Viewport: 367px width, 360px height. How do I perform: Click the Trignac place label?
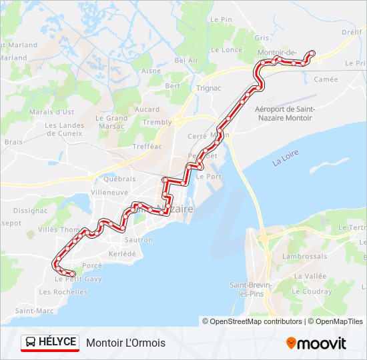209,87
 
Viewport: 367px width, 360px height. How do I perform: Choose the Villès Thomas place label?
59,229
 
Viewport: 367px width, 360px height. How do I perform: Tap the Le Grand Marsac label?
112,122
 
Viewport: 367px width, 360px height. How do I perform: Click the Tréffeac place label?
147,147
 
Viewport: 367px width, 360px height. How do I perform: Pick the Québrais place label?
119,179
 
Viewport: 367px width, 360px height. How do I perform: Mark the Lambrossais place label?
304,256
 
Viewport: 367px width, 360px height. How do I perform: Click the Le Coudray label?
312,291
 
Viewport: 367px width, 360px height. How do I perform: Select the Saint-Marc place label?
34,311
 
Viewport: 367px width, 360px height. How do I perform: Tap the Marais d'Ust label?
51,111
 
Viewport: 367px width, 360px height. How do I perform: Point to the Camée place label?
326,79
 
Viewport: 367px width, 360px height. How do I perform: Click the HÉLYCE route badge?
50,343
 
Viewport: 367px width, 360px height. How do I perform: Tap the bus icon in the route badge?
31,343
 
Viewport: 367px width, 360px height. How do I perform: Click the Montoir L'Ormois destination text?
126,343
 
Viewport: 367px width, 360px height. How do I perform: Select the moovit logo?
316,343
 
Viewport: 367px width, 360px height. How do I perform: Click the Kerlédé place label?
122,254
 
